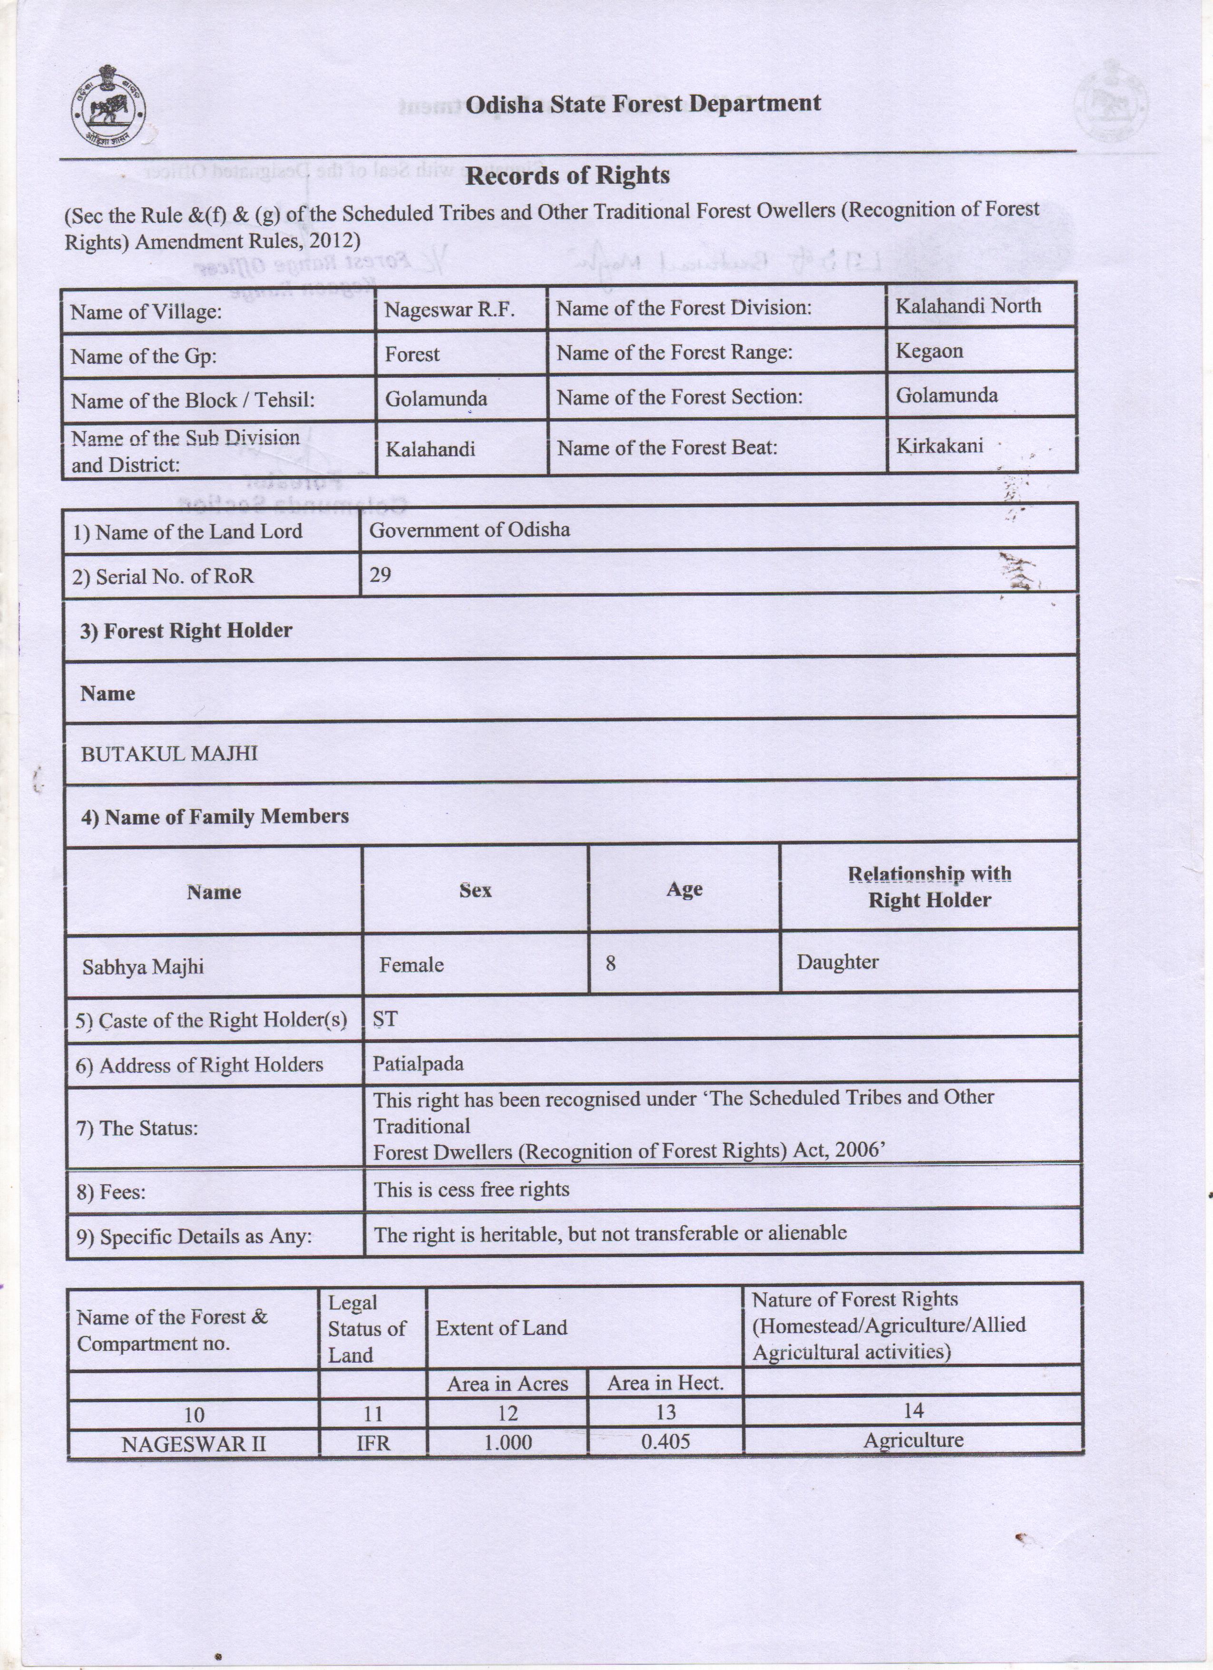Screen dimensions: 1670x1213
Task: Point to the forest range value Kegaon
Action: (929, 351)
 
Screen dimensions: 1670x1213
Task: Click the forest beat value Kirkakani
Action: (939, 445)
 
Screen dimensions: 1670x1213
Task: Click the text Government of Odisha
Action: (469, 530)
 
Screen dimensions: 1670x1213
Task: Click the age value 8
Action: (610, 963)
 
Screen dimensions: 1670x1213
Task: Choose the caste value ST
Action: (385, 1019)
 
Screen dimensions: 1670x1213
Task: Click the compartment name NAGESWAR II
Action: (193, 1443)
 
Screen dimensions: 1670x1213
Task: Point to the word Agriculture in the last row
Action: (913, 1440)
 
